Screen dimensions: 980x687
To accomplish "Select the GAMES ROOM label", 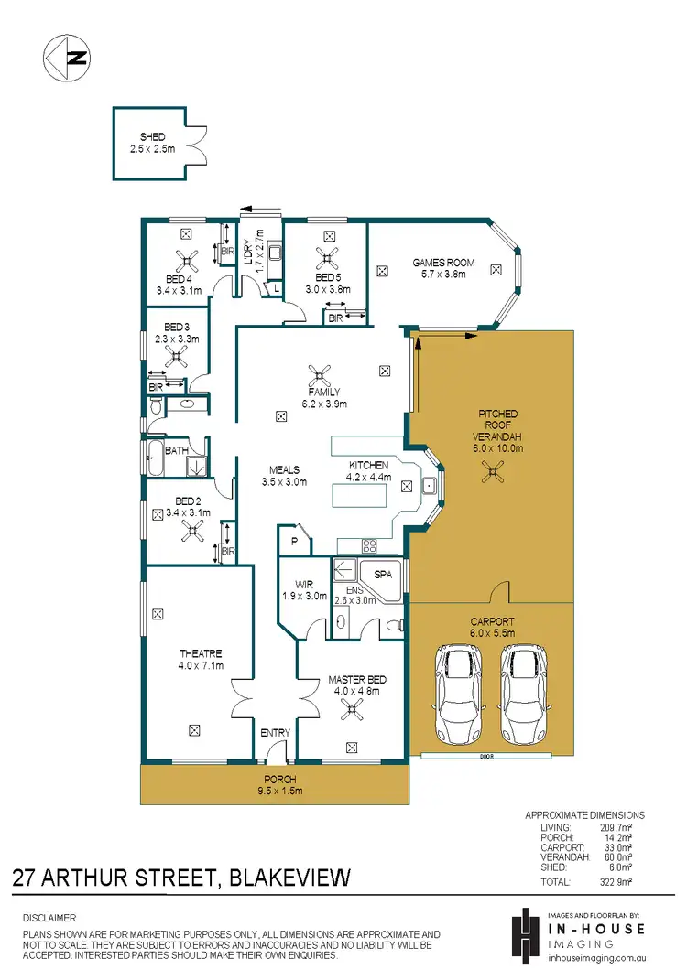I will (443, 263).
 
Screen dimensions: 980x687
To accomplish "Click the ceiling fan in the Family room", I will (320, 373).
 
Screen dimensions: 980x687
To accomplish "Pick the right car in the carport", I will (523, 695).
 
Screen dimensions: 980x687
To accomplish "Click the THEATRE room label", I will (202, 653).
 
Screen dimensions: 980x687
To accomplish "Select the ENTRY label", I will (275, 733).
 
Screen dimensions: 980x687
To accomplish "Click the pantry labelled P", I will (294, 541).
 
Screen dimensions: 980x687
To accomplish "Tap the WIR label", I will (304, 583).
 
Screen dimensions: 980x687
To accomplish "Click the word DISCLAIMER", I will (49, 917).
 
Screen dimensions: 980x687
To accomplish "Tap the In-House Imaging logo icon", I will (525, 933).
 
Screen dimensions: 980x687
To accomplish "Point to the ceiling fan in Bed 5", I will (325, 257).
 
